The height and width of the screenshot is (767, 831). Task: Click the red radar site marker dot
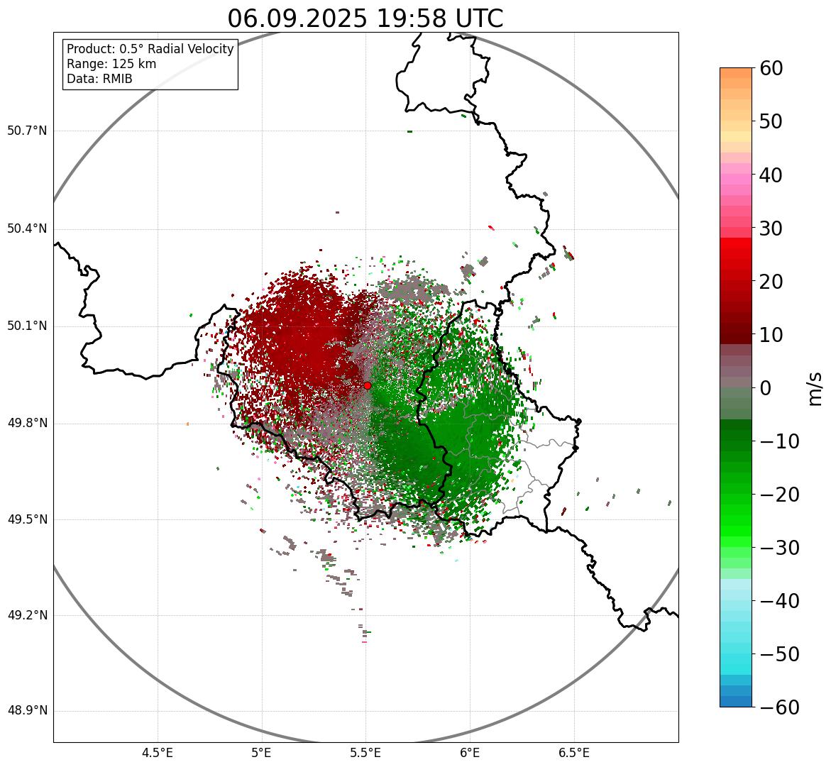pyautogui.click(x=367, y=385)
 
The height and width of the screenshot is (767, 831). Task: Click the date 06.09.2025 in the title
pyautogui.click(x=297, y=19)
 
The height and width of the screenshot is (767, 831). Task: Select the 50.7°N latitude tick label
pyautogui.click(x=27, y=131)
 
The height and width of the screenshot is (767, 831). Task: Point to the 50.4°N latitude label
pyautogui.click(x=27, y=228)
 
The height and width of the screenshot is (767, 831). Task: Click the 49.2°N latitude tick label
pyautogui.click(x=27, y=615)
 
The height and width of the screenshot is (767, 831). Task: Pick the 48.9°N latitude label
pyautogui.click(x=27, y=711)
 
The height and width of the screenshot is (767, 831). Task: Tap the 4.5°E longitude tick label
pyautogui.click(x=158, y=752)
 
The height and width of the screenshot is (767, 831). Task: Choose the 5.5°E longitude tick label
pyautogui.click(x=366, y=752)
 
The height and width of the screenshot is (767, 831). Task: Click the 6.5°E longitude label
pyautogui.click(x=574, y=752)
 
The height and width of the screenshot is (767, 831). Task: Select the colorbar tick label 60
pyautogui.click(x=771, y=68)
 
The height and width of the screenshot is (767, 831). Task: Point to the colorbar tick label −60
pyautogui.click(x=778, y=707)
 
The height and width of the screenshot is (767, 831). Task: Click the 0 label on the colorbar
pyautogui.click(x=766, y=388)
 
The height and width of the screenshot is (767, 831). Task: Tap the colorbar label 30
pyautogui.click(x=771, y=228)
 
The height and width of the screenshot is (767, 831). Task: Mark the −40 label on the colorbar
pyautogui.click(x=778, y=601)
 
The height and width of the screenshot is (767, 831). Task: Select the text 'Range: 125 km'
pyautogui.click(x=111, y=64)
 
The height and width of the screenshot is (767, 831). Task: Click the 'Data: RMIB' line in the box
pyautogui.click(x=99, y=79)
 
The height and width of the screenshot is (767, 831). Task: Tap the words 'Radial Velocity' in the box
pyautogui.click(x=189, y=49)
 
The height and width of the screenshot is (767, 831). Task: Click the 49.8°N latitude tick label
pyautogui.click(x=27, y=423)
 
